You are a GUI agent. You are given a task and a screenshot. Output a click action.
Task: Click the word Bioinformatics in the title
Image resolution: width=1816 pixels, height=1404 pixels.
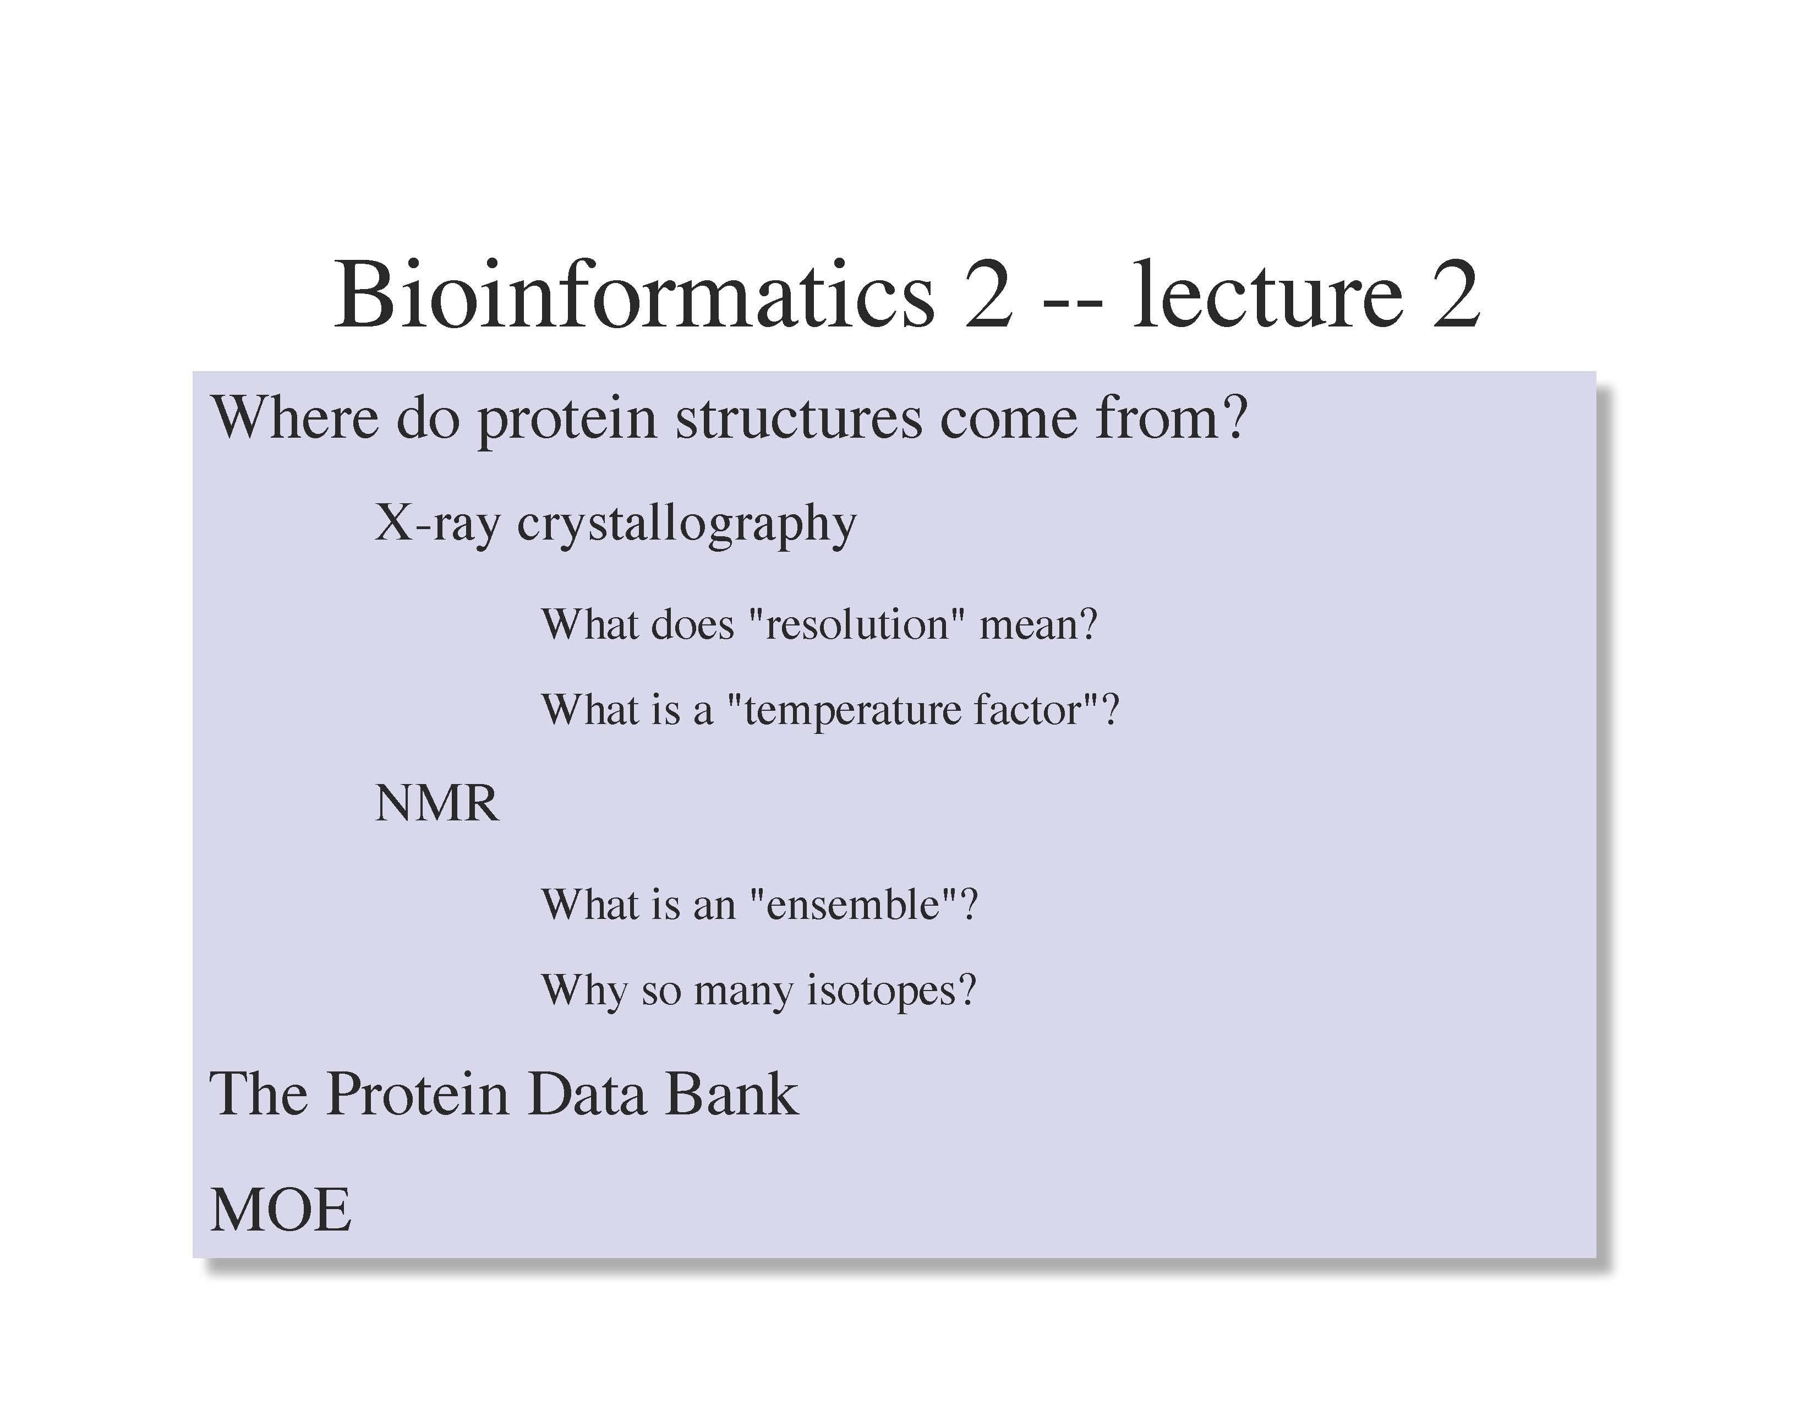[633, 295]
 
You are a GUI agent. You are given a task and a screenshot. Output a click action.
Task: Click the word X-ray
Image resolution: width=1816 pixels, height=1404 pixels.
[437, 523]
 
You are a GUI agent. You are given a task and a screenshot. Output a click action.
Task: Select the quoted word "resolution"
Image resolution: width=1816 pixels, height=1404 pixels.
[856, 624]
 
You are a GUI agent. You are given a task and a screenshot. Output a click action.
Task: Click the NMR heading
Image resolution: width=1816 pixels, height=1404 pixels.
[436, 803]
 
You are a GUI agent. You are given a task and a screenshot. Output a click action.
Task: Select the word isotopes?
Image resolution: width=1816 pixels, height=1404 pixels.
[891, 990]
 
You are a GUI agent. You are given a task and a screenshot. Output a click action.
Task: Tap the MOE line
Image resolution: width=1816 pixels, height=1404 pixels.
[281, 1210]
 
